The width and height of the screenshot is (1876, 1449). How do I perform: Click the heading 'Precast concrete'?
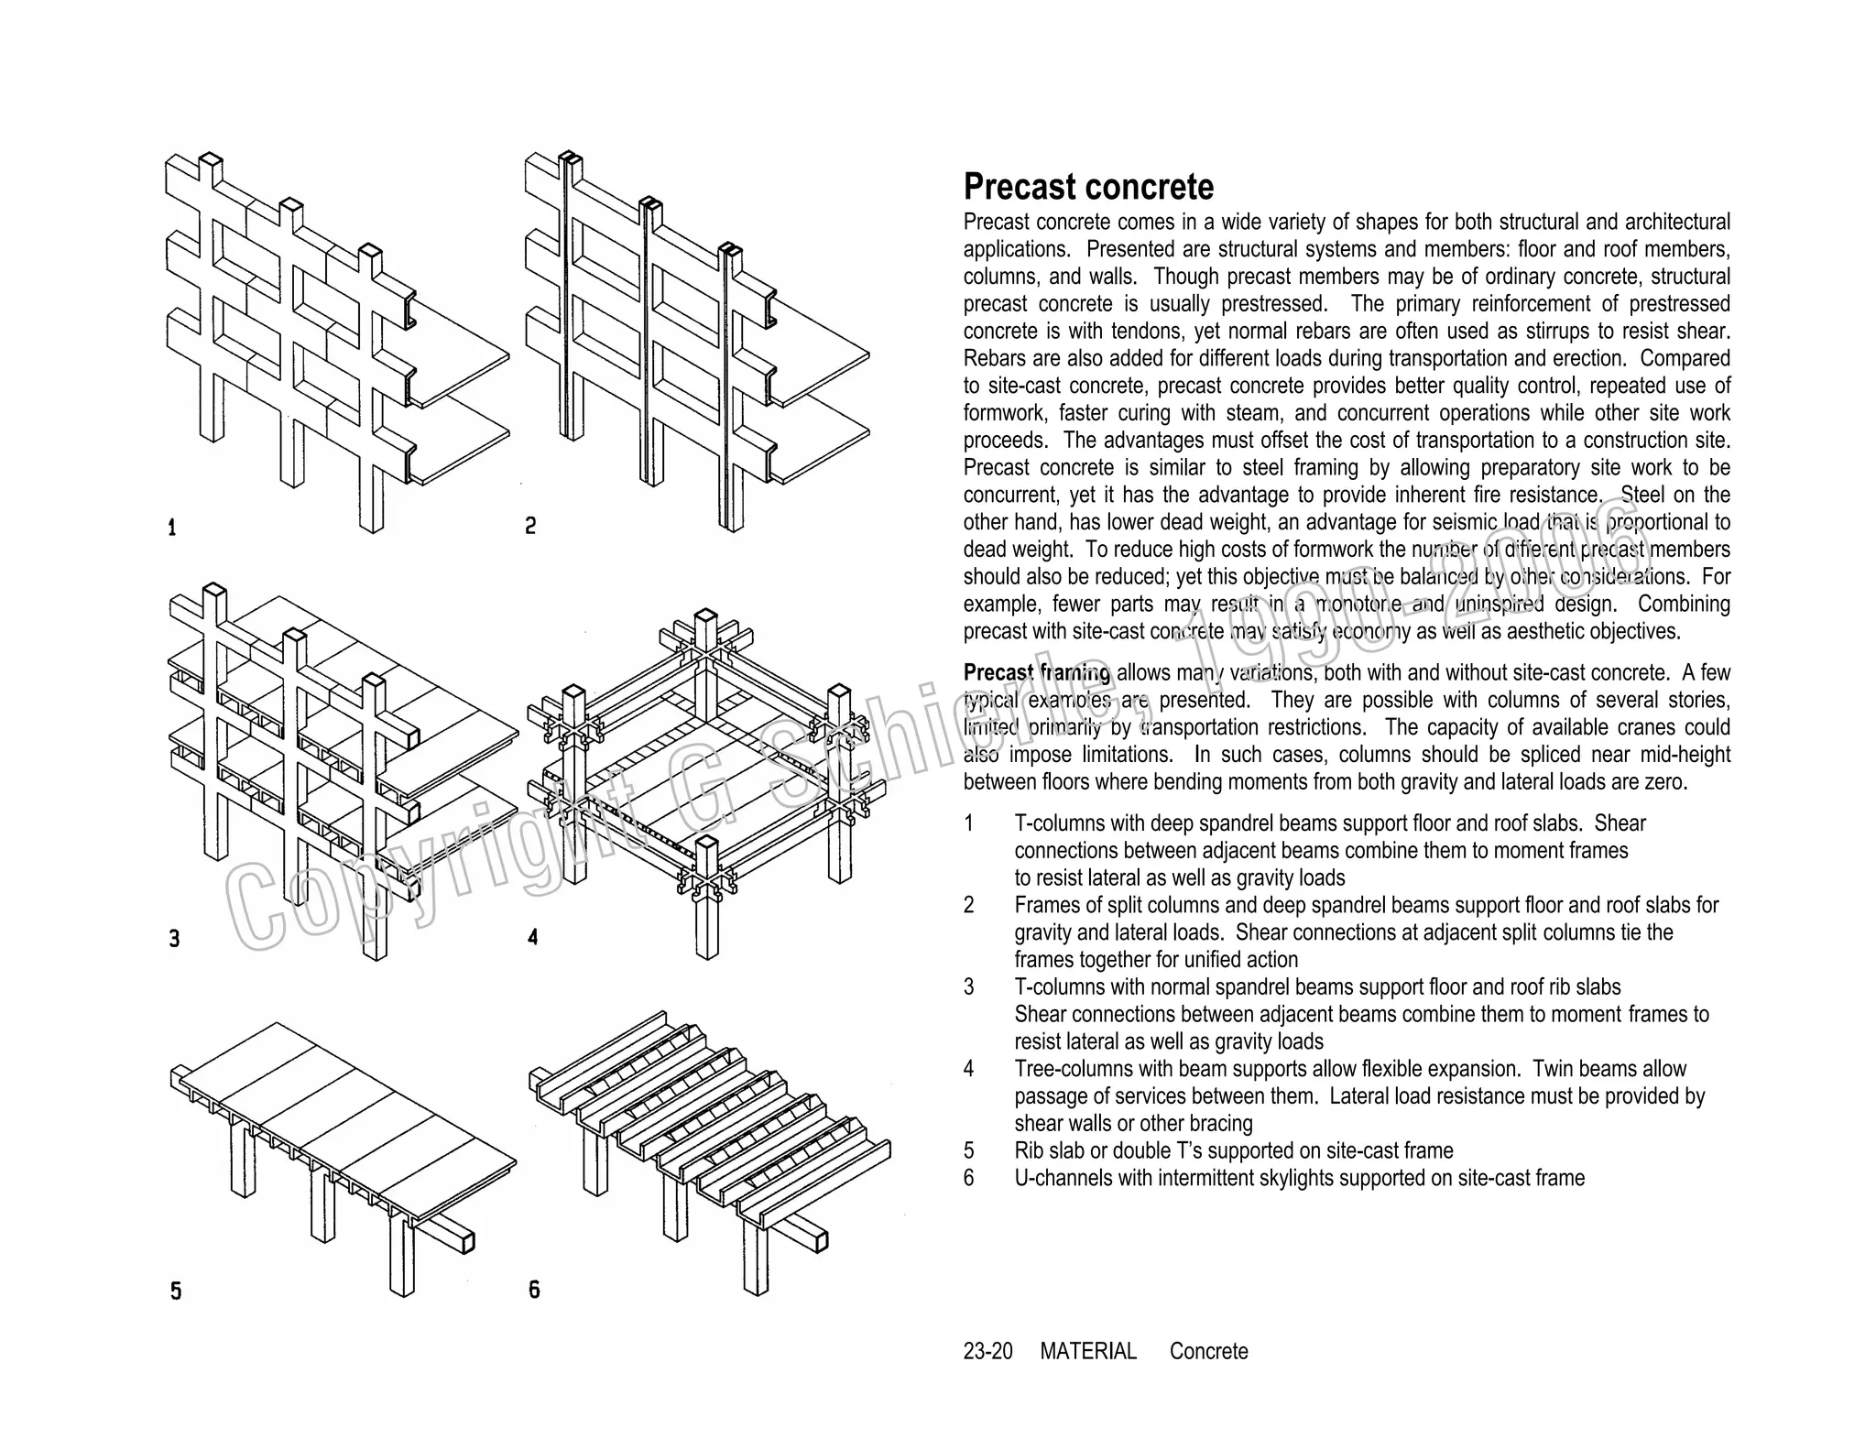1087,187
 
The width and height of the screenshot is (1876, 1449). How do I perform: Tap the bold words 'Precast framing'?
1036,673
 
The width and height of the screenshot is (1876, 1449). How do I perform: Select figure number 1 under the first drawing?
171,528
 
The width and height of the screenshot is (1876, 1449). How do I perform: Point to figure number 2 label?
530,526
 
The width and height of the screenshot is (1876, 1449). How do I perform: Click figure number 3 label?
174,939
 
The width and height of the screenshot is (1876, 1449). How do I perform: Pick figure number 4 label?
532,937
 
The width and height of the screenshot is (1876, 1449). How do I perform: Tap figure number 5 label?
176,1291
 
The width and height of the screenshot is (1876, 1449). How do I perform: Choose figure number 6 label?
534,1290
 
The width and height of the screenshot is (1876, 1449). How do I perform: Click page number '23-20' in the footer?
987,1352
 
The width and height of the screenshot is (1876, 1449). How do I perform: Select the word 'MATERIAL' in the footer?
1087,1352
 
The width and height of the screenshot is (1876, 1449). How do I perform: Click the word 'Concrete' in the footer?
1208,1352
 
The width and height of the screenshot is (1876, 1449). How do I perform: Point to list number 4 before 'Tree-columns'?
969,1070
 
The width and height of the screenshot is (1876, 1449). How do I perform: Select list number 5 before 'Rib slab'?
969,1151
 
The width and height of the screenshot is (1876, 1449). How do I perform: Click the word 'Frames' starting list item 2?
1045,906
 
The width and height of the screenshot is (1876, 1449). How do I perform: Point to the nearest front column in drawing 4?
706,907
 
